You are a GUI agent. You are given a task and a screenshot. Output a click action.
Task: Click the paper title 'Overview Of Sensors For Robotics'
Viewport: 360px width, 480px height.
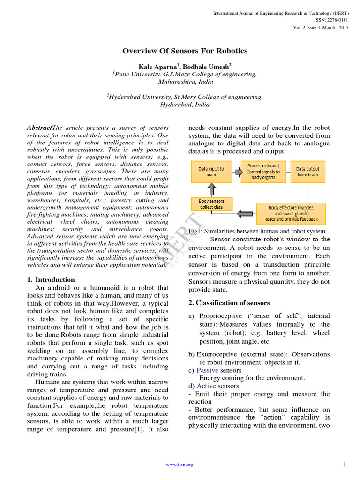[x=185, y=51]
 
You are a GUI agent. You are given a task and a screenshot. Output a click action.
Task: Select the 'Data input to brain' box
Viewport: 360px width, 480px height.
[x=211, y=172]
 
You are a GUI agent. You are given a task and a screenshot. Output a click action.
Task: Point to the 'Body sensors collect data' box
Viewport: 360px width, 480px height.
[x=210, y=204]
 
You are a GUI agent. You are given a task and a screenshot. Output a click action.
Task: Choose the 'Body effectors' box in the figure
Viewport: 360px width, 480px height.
[x=291, y=213]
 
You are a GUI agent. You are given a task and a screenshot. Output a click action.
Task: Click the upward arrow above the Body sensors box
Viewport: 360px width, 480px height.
[x=211, y=188]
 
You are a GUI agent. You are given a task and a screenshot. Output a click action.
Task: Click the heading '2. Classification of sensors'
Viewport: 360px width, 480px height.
[x=229, y=303]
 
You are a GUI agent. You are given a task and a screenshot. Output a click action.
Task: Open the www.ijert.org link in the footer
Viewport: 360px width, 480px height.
[x=180, y=465]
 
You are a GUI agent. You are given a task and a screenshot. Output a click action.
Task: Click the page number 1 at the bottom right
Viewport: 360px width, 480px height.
[x=345, y=465]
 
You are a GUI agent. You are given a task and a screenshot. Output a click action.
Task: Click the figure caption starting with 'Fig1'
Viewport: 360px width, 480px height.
[x=257, y=231]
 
